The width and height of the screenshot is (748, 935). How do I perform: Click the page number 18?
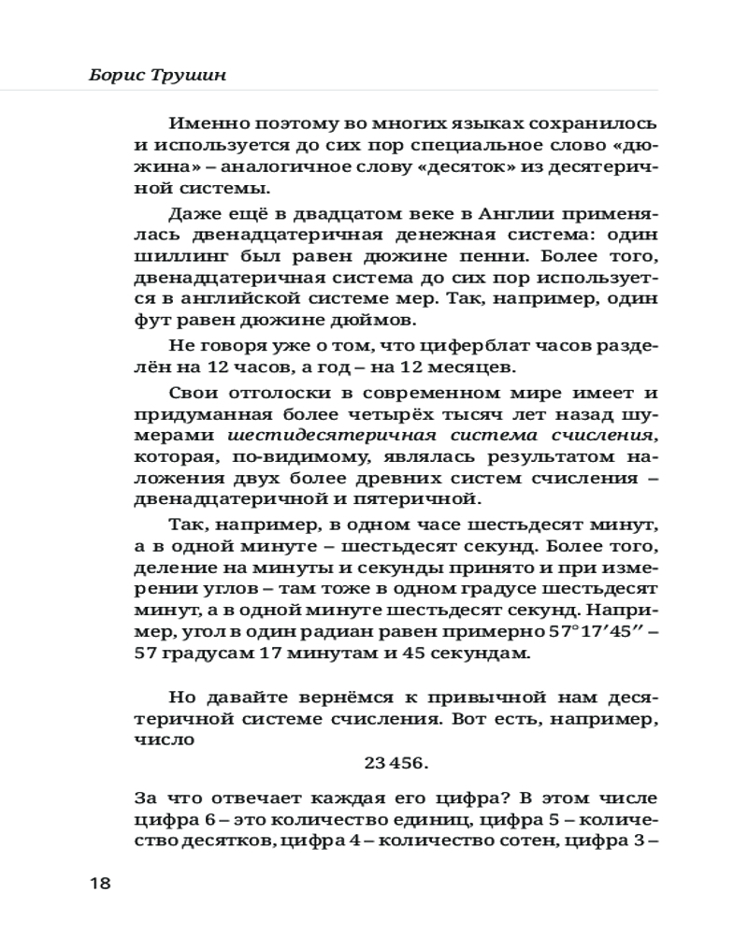(100, 884)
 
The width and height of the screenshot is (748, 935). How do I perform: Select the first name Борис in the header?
(112, 74)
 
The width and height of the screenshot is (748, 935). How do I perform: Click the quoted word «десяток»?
(443, 166)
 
